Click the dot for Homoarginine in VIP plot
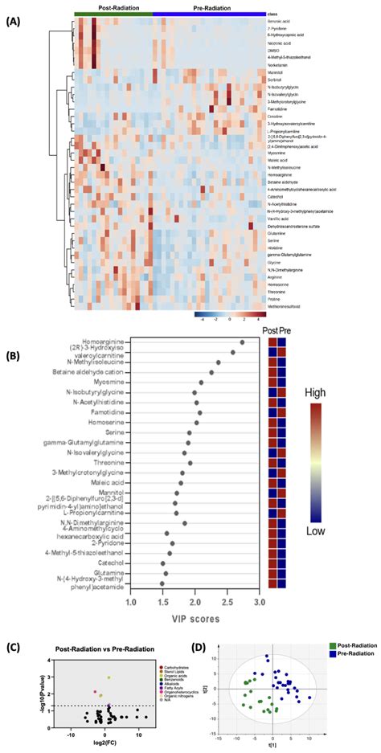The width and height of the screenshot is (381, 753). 242,342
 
